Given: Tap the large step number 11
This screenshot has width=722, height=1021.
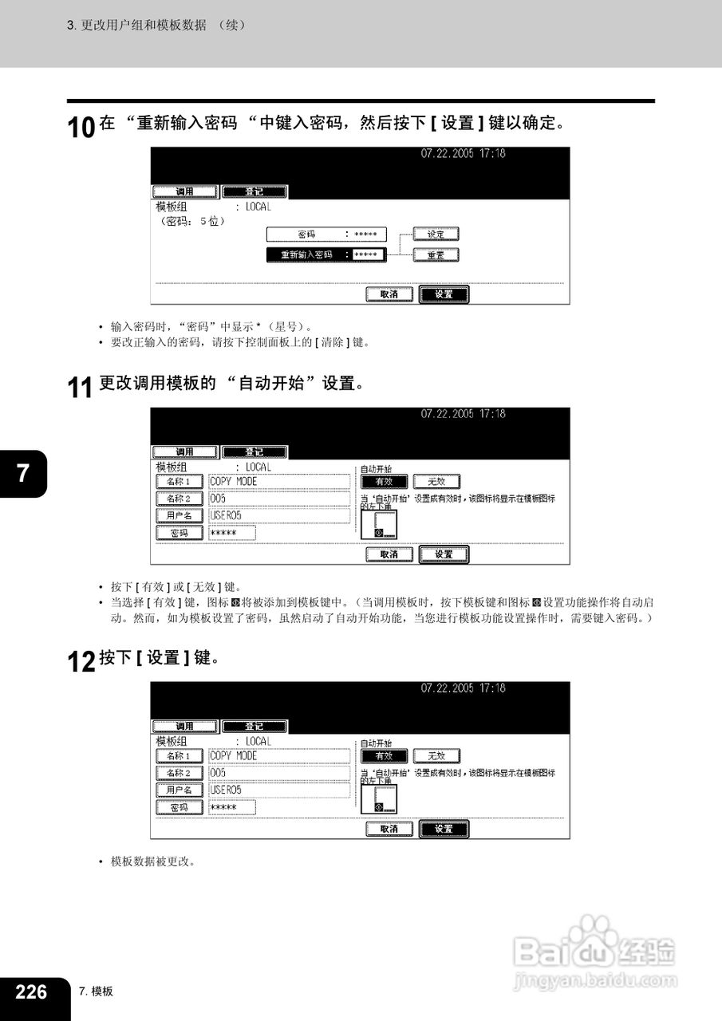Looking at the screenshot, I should tap(81, 388).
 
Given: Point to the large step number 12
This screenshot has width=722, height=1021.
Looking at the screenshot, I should tap(81, 662).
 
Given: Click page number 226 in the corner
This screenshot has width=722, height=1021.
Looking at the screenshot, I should tap(31, 991).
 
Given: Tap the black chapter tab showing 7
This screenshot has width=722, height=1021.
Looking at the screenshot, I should tap(23, 473).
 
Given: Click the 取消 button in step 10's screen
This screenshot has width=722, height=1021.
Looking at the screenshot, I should tap(389, 294).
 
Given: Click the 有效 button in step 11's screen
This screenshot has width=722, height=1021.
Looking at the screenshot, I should tap(384, 482).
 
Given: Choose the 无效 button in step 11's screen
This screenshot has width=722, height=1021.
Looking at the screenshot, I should tap(436, 482).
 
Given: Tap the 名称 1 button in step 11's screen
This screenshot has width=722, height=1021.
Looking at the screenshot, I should tap(179, 482).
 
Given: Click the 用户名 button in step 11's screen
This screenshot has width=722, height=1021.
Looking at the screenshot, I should tap(179, 516).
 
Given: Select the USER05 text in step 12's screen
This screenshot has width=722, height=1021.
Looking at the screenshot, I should tap(226, 790).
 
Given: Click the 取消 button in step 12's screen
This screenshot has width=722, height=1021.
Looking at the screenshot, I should tap(389, 829).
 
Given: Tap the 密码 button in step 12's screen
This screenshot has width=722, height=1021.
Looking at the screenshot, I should tap(179, 808).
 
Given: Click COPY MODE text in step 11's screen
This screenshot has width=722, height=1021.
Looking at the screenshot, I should tap(234, 482).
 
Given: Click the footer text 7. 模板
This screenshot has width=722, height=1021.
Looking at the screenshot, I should tap(96, 991).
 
